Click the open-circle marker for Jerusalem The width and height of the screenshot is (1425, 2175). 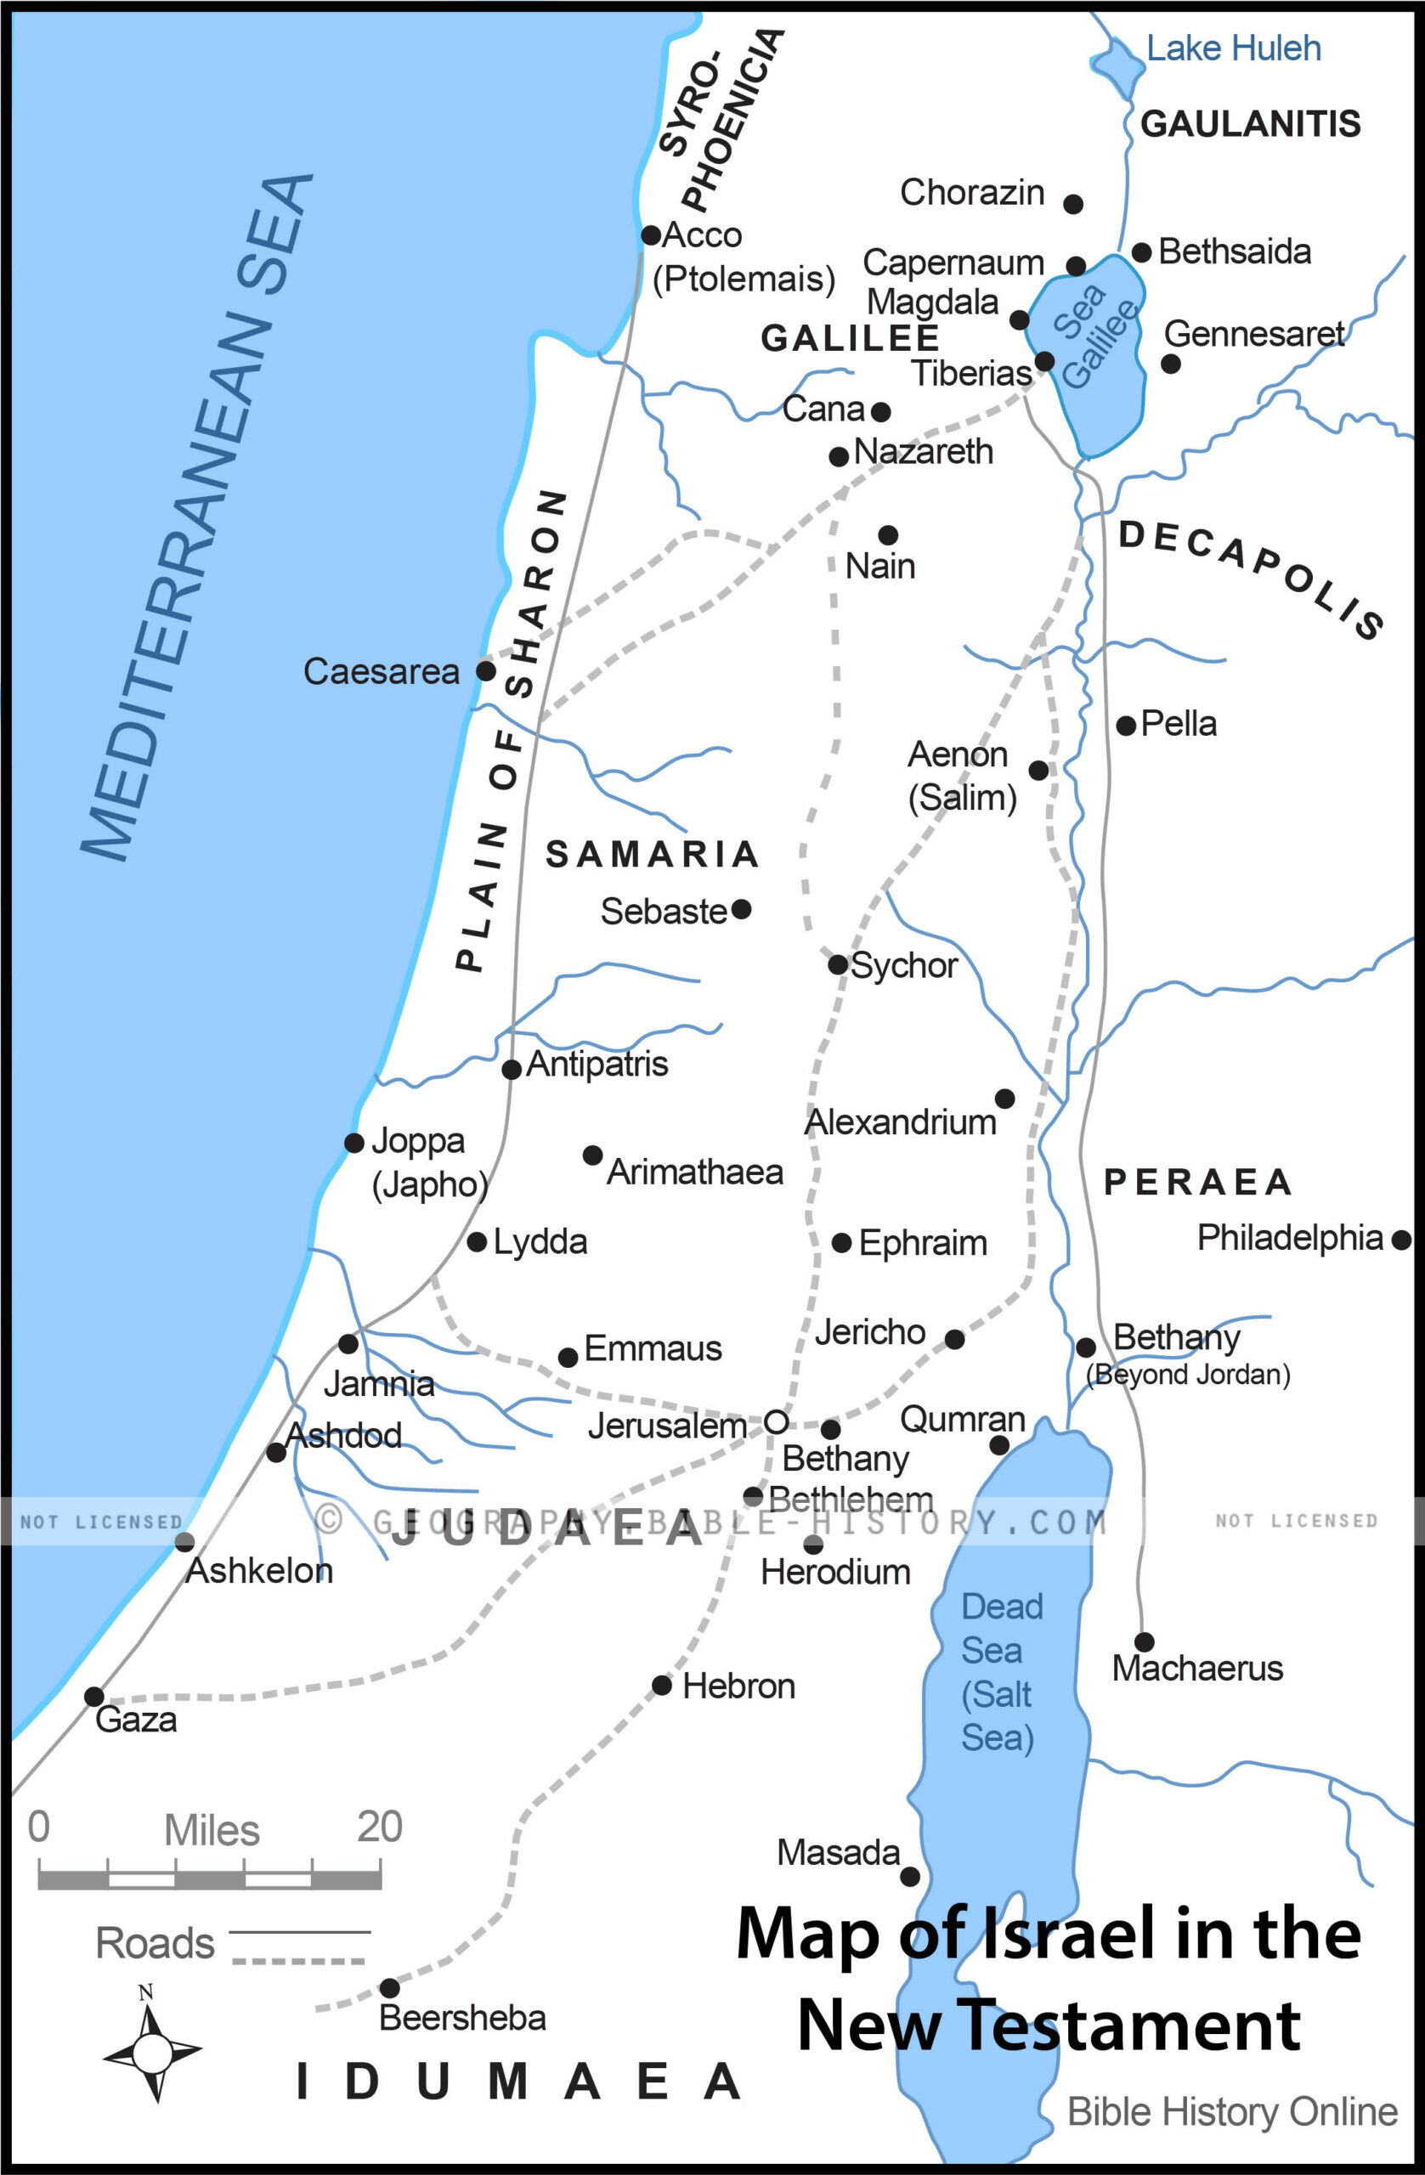point(776,1422)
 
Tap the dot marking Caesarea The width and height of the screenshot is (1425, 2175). point(486,671)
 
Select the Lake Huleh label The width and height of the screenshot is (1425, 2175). point(1233,48)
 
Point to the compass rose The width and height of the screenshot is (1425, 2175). point(152,2053)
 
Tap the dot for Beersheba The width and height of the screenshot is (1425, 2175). point(389,1987)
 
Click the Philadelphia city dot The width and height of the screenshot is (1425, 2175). point(1401,1240)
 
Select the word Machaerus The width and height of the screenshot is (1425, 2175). point(1196,1669)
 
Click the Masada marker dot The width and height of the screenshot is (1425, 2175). point(910,1876)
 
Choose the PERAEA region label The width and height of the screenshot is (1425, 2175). point(1197,1183)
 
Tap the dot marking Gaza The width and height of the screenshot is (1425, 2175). point(94,1696)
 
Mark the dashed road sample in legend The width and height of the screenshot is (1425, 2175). point(299,1961)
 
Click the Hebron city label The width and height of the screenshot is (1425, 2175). point(738,1686)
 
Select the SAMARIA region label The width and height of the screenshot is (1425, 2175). point(652,855)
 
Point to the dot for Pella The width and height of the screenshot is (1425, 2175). point(1126,726)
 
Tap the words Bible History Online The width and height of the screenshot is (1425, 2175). point(1231,2112)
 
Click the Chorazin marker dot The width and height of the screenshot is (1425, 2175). point(1074,204)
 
